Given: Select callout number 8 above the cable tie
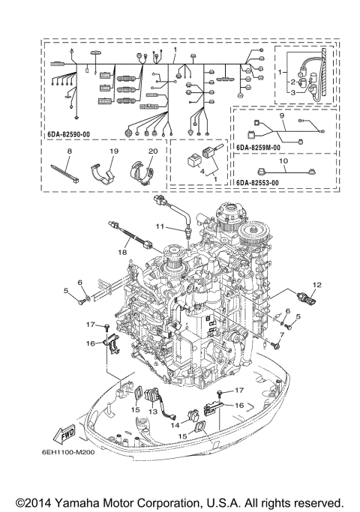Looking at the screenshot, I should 69,151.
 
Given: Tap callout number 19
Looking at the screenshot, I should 113,151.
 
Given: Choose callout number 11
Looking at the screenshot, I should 159,226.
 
